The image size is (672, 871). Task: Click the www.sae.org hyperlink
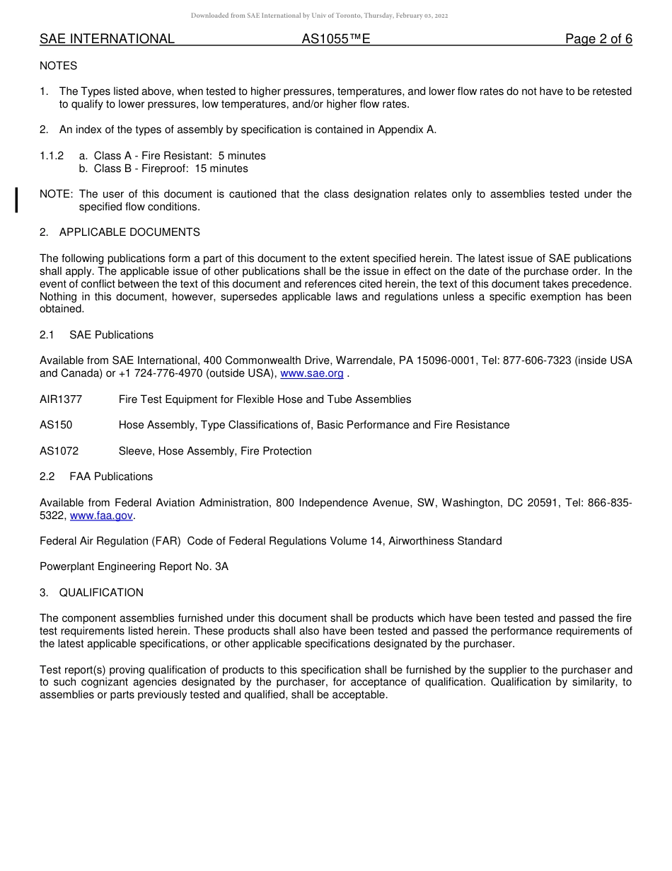[x=312, y=373]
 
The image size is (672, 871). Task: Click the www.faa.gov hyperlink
[x=101, y=516]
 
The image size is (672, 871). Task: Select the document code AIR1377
[x=61, y=399]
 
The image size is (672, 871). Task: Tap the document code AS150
[x=56, y=425]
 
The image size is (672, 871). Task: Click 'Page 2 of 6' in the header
[x=598, y=39]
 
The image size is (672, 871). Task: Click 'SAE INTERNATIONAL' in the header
[x=107, y=39]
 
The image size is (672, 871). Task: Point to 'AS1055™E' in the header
[x=336, y=39]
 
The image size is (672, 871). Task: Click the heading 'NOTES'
[x=59, y=66]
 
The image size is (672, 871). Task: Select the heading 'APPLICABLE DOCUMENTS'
[x=129, y=232]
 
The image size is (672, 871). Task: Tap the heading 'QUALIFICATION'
[x=101, y=593]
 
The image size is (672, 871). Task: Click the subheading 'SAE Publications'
[x=111, y=335]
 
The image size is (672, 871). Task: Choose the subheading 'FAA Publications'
[x=111, y=477]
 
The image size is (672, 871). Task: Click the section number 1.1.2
[x=52, y=156]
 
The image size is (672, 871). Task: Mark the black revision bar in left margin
[x=17, y=200]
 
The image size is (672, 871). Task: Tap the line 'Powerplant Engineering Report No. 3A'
[x=134, y=567]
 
